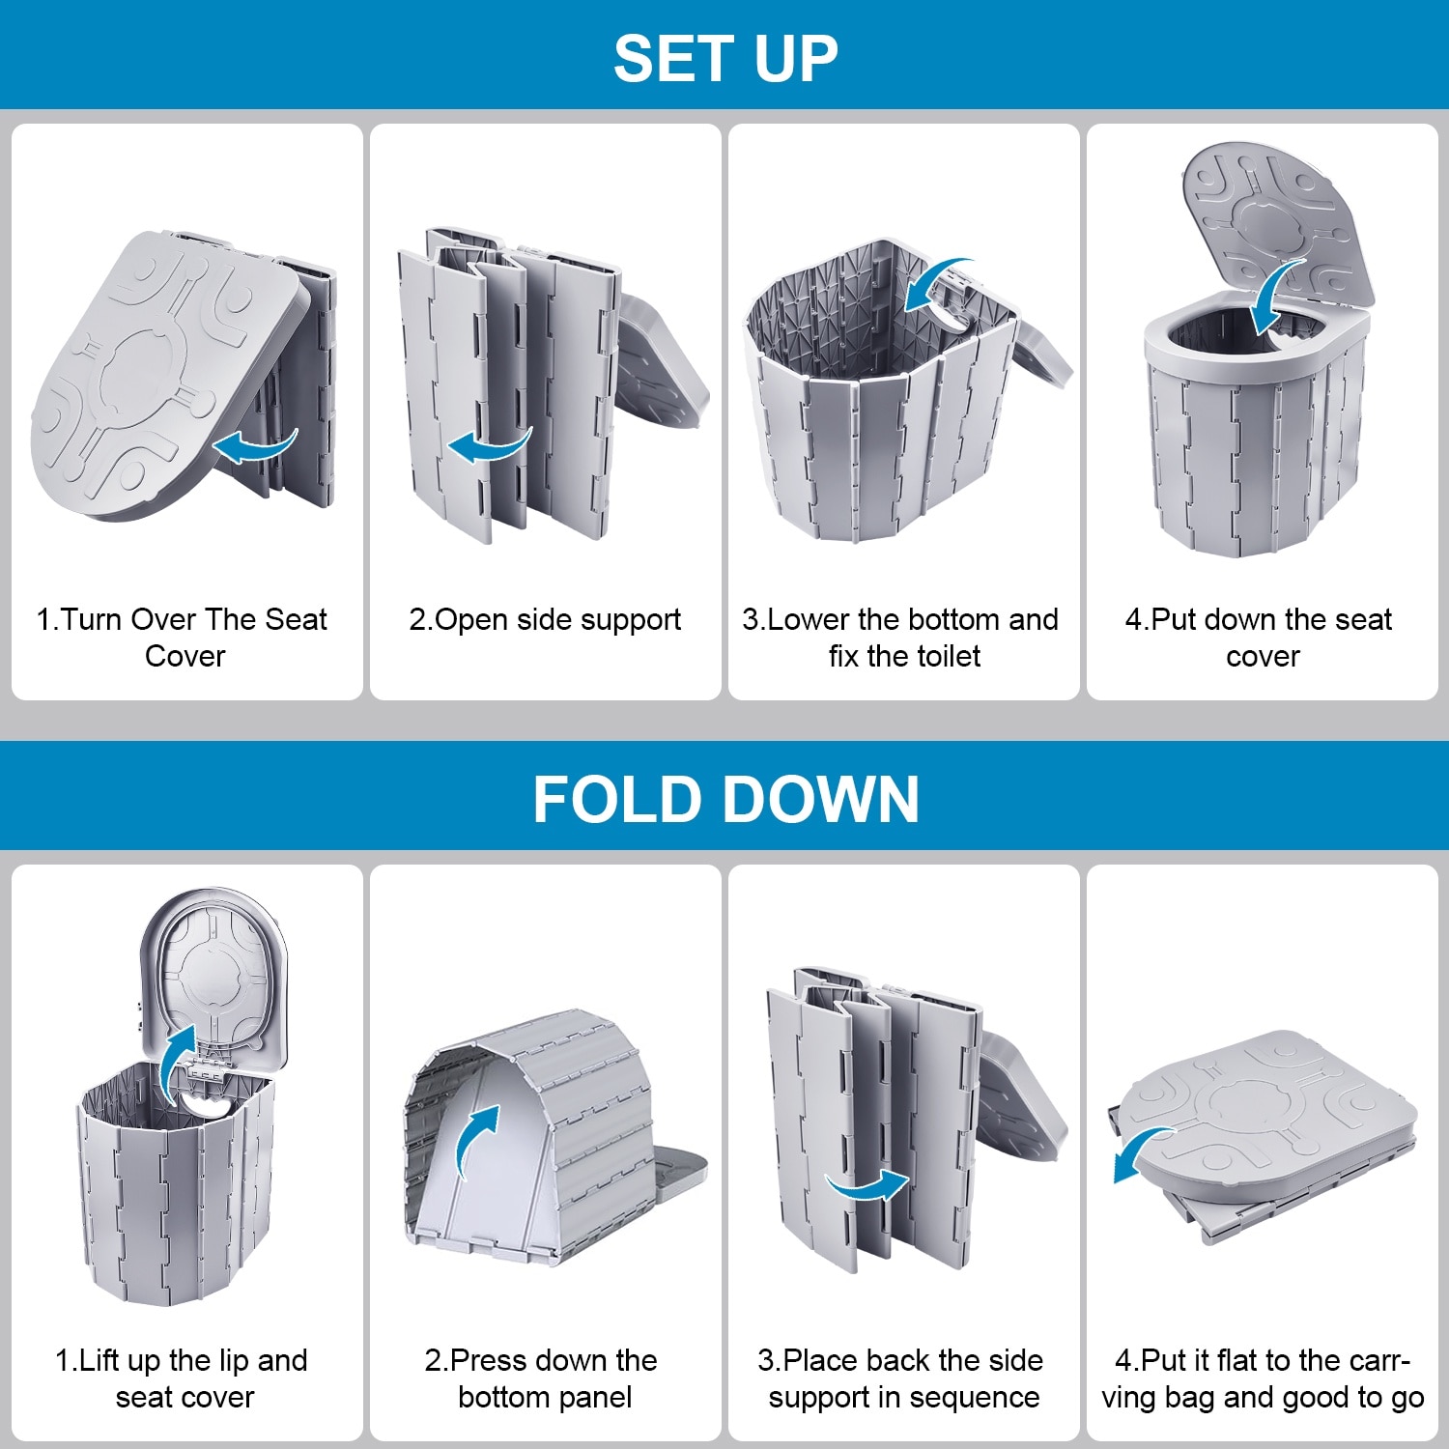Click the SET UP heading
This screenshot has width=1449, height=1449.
click(x=725, y=58)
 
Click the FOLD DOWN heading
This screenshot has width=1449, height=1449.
click(x=725, y=799)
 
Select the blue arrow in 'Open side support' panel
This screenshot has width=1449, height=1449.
click(x=489, y=445)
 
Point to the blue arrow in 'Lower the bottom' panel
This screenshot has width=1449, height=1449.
click(x=935, y=282)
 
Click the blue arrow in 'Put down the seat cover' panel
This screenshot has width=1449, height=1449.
click(x=1277, y=296)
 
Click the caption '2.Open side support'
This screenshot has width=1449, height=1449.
click(x=545, y=619)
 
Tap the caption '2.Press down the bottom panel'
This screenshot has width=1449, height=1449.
click(x=542, y=1378)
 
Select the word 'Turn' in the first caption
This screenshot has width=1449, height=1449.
click(x=92, y=619)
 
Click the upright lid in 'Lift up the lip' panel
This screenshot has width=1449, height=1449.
click(x=214, y=976)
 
